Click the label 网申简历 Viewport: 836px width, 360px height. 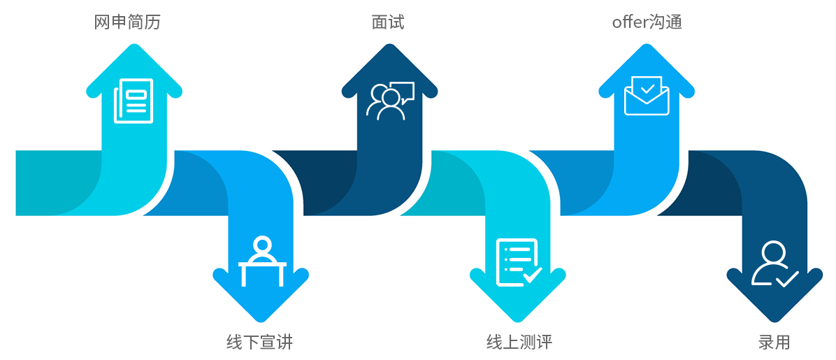pos(127,22)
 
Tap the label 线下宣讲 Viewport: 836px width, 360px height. pos(259,342)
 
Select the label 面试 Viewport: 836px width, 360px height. pos(388,22)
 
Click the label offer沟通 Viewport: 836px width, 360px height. pos(647,22)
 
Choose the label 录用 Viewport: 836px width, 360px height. pos(774,342)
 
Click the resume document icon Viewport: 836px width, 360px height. pos(134,101)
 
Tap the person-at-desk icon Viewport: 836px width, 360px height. pos(262,262)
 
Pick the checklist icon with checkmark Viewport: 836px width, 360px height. pos(518,262)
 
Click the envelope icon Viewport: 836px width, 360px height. pos(647,96)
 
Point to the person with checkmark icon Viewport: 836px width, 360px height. pos(774,264)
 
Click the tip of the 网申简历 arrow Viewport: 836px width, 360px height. pos(134,46)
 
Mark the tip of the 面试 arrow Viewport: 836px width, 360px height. pos(389,46)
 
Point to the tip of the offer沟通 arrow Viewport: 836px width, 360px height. pos(647,46)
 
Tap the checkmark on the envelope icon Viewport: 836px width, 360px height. pos(648,88)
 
